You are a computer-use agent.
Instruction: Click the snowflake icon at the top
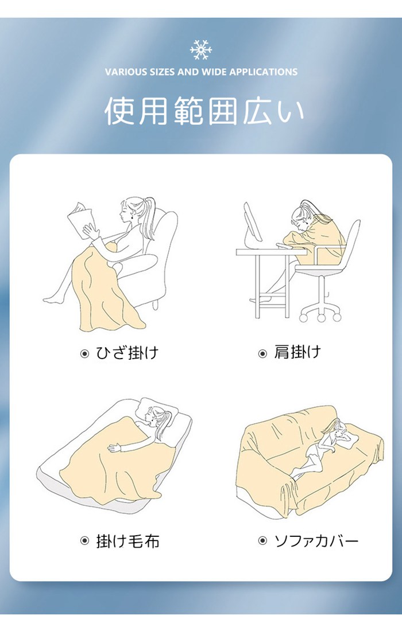coord(201,50)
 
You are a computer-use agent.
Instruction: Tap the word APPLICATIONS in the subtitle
coord(264,72)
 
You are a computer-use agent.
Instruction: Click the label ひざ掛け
coord(127,353)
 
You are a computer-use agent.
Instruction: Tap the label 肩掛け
coord(297,352)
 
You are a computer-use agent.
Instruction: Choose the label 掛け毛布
coord(127,542)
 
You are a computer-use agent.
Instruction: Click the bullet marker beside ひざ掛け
coord(84,354)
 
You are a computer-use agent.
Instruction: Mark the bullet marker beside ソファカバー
coord(262,542)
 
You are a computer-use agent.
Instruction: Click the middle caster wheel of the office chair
coord(321,318)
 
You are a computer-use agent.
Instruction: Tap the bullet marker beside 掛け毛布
coord(84,542)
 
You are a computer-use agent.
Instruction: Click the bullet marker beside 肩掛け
coord(262,354)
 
